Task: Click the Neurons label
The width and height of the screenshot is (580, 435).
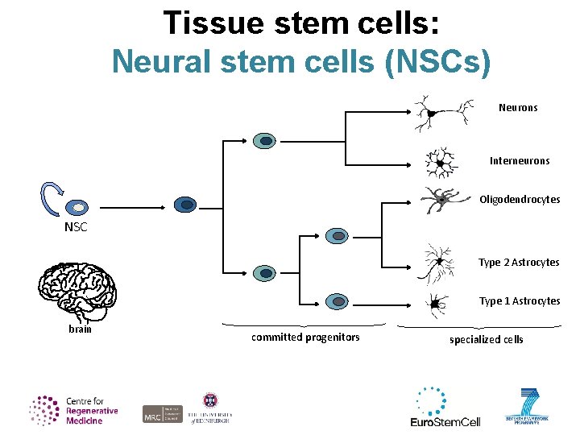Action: [518, 107]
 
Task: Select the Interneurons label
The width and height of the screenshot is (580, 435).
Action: [520, 160]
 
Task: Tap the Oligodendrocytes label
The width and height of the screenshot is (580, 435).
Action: [520, 199]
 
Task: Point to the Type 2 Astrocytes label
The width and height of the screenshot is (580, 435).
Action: [519, 262]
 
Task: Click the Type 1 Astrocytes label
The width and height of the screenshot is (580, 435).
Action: [520, 300]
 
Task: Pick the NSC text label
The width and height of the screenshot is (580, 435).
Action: [76, 227]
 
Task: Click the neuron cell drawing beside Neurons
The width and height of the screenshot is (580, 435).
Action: [437, 113]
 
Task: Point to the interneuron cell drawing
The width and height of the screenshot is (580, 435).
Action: [440, 162]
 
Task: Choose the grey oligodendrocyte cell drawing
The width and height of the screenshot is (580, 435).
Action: [440, 199]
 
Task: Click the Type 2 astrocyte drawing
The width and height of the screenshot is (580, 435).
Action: [439, 263]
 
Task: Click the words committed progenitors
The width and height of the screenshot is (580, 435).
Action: [305, 337]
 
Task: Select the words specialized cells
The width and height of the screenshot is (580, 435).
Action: [486, 339]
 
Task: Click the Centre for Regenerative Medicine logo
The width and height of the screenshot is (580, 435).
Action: [74, 410]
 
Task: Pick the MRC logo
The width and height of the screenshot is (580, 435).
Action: [152, 414]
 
